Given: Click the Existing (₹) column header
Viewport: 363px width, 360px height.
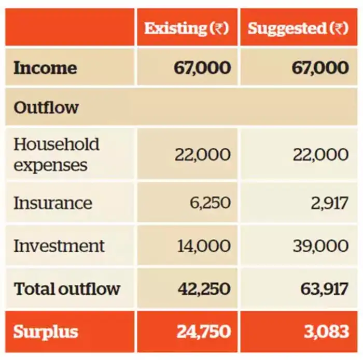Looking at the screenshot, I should (186, 28).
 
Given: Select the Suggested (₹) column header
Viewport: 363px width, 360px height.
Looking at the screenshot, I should (298, 28).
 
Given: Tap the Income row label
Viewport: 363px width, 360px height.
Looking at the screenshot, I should (45, 68).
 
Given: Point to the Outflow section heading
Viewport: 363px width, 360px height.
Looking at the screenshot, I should (46, 108).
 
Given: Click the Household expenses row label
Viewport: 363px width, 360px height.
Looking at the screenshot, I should (56, 154).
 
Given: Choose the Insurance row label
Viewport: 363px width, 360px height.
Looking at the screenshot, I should (52, 203).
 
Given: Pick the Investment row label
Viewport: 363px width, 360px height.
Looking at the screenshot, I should (59, 246).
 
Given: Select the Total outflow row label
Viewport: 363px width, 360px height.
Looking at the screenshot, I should (66, 289).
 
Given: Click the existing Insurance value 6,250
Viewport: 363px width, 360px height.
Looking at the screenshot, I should (210, 203).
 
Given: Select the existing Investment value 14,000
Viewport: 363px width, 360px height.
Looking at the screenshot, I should (204, 246).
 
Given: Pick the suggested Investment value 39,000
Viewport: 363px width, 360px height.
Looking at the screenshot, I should (320, 246).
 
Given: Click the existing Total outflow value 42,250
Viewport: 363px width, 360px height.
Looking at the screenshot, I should (204, 289).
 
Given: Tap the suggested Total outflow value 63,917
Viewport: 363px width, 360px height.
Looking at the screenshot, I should (324, 289).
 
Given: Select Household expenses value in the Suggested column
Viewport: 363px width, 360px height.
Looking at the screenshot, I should (320, 154).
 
